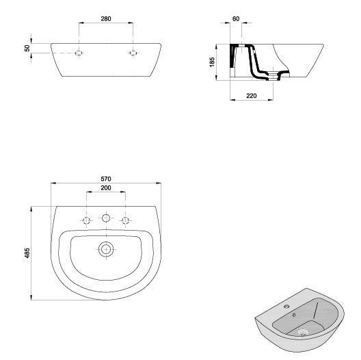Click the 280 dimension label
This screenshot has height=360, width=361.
coord(105,18)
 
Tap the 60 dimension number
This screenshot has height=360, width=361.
coord(236,18)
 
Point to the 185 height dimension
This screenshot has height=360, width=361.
coord(213,62)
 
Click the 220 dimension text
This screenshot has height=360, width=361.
coord(252,97)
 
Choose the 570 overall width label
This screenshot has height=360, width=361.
coord(105,179)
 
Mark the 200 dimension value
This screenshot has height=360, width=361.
coord(105,188)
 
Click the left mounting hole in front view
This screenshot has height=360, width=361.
coord(79,53)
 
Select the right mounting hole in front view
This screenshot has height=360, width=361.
coord(133,53)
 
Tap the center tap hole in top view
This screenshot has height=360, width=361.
coord(105,219)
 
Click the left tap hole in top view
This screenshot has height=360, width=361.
coord(86,220)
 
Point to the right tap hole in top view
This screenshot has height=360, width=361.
coord(125,220)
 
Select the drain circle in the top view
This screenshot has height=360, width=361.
coord(105,248)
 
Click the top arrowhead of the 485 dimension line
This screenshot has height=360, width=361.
coord(31,206)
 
